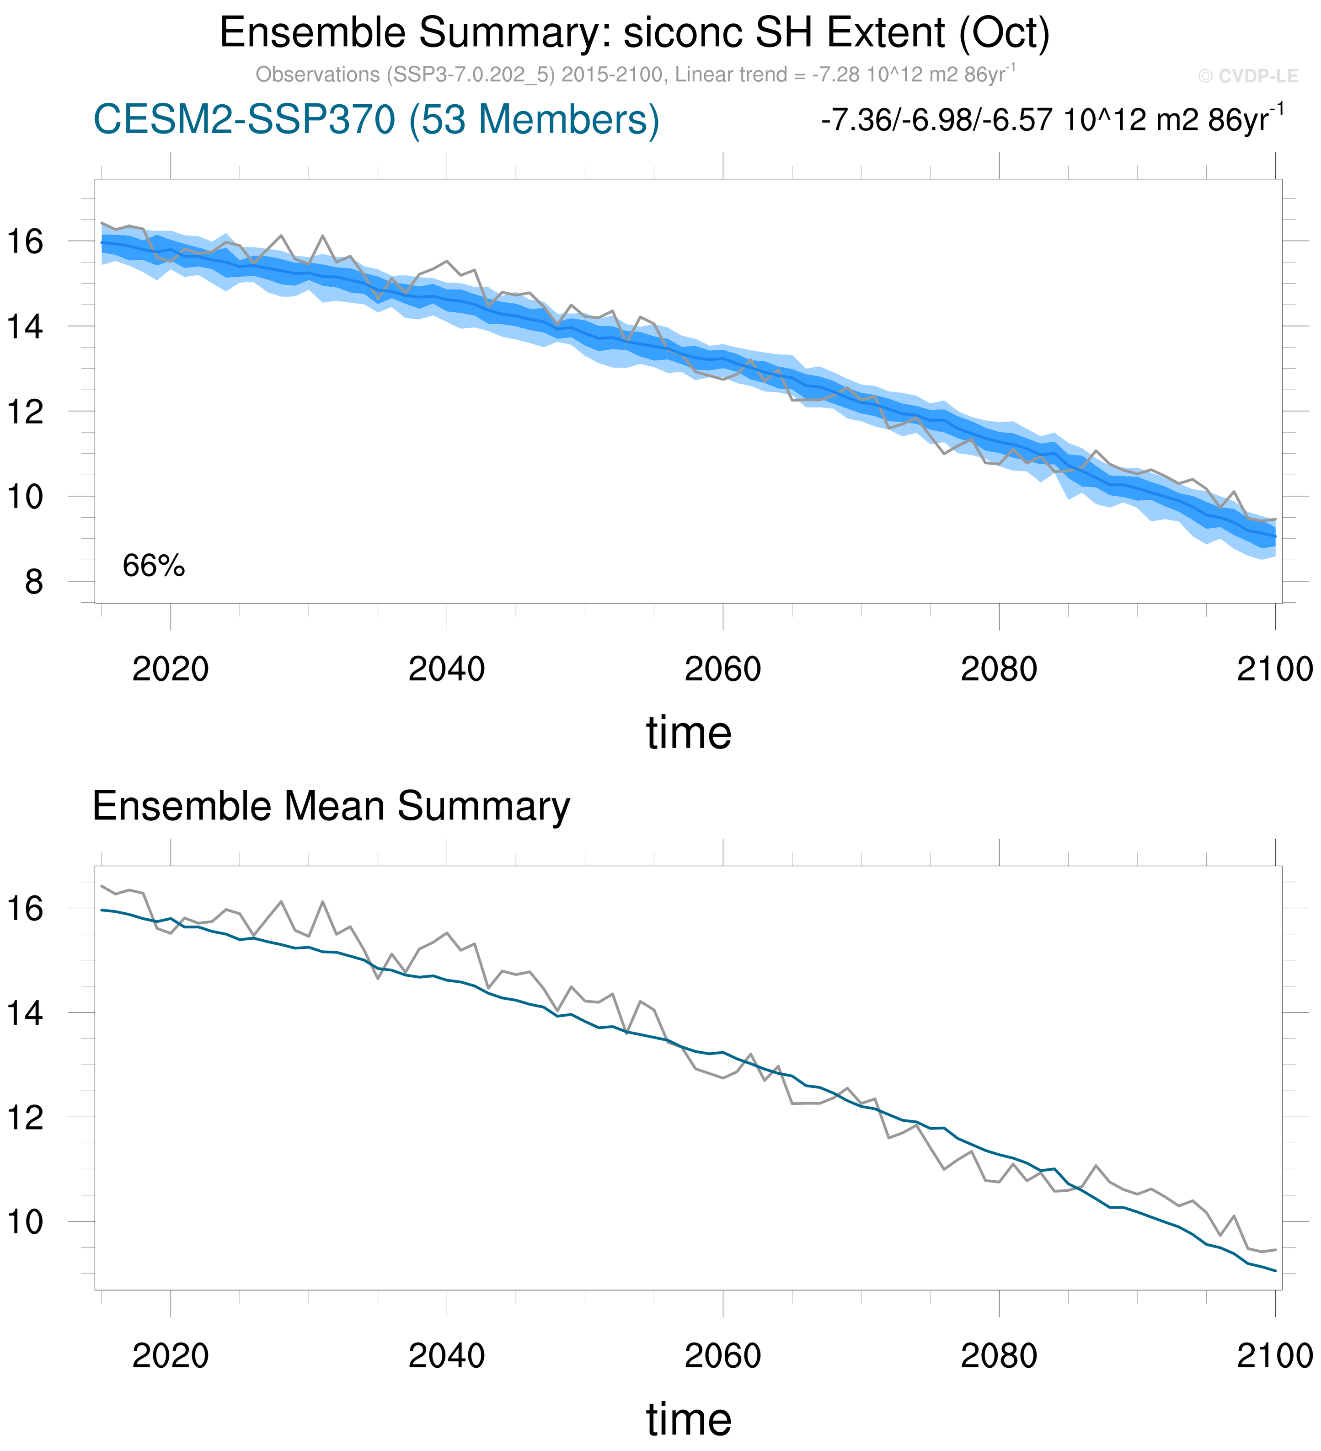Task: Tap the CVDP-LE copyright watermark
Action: pyautogui.click(x=1247, y=76)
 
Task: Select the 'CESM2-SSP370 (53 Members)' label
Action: pyautogui.click(x=376, y=119)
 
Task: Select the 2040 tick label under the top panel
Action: pyautogui.click(x=446, y=669)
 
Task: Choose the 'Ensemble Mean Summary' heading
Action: pyautogui.click(x=331, y=806)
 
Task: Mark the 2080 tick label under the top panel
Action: pyautogui.click(x=999, y=669)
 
